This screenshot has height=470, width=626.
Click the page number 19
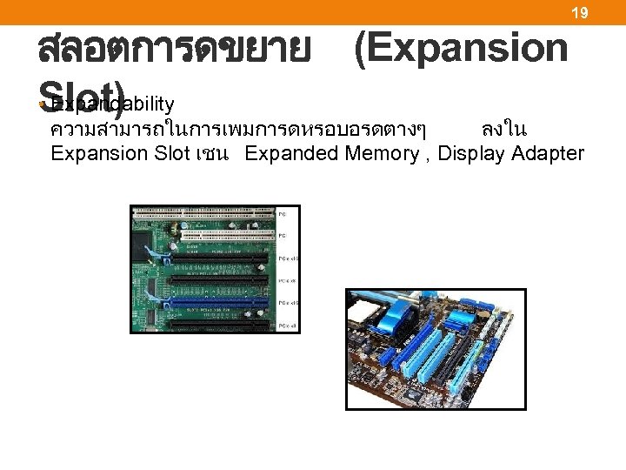click(x=579, y=12)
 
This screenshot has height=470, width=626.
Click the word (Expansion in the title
click(x=460, y=50)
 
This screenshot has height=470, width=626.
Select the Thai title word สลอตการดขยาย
click(x=174, y=50)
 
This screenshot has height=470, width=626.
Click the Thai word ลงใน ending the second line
click(x=503, y=130)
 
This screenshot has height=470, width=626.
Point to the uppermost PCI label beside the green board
click(x=282, y=212)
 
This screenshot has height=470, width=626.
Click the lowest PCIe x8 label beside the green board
click(x=288, y=326)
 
